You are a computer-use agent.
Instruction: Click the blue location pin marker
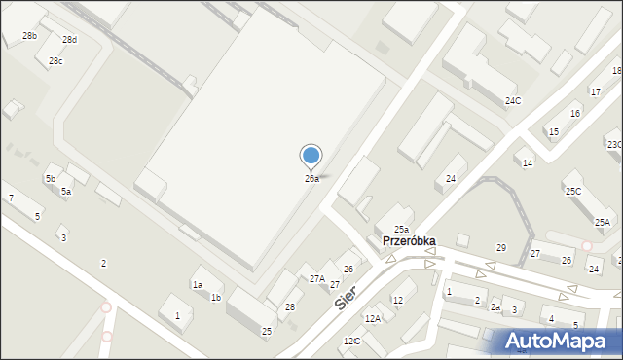[311, 156]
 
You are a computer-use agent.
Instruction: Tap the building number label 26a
[311, 179]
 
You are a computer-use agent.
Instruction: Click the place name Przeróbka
[409, 241]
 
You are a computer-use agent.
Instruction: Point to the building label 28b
[30, 36]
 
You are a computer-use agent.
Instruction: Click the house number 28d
[69, 40]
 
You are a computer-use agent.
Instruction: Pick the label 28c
[56, 62]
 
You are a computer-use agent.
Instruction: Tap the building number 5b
[50, 179]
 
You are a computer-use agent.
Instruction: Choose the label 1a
[197, 285]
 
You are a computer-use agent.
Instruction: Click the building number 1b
[216, 298]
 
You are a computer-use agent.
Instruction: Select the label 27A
[317, 279]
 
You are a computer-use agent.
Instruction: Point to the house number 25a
[400, 230]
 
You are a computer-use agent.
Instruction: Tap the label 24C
[512, 101]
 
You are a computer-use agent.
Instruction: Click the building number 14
[527, 163]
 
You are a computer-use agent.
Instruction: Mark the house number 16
[575, 114]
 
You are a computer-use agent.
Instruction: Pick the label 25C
[573, 192]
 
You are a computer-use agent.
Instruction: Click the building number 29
[501, 248]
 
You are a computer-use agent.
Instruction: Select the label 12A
[372, 319]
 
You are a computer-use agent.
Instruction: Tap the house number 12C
[351, 342]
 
